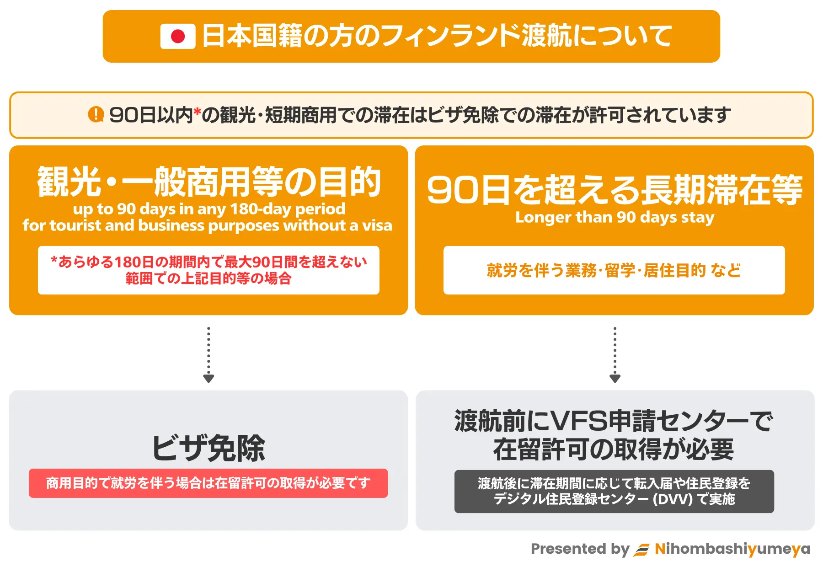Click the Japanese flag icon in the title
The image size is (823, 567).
pos(178,36)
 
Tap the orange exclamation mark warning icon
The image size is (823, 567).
pos(96,114)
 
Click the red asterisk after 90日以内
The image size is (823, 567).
pos(197,112)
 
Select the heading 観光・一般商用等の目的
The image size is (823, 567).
pos(209,182)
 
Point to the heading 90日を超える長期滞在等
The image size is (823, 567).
pos(615,190)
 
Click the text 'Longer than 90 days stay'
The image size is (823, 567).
pos(615,218)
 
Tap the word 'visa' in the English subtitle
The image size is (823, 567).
pos(377,225)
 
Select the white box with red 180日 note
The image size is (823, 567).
pos(208,270)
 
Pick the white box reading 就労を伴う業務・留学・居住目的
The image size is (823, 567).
pos(614,270)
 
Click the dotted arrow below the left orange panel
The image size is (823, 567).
pos(208,355)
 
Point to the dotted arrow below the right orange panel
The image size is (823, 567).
pos(615,355)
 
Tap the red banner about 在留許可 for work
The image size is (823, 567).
pos(208,483)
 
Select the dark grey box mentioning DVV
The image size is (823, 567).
pos(614,492)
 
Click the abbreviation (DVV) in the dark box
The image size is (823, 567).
pos(672,499)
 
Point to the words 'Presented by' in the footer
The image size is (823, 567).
pos(580,549)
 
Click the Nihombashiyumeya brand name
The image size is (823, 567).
pos(732,549)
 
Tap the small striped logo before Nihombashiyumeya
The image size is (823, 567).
pos(641,550)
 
